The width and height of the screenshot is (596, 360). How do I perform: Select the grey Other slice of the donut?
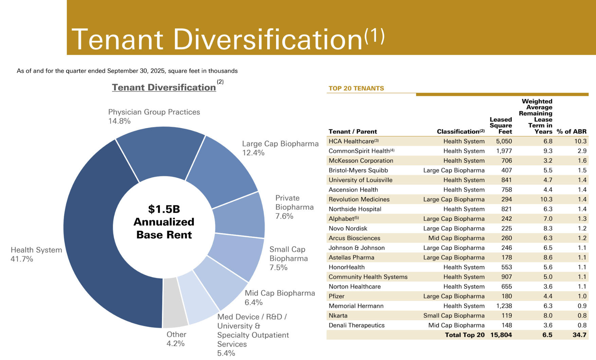175,302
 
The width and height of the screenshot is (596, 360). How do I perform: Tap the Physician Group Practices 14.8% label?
154,116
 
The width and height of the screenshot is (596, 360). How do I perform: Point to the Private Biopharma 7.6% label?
294,207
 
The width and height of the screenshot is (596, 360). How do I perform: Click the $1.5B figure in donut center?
164,209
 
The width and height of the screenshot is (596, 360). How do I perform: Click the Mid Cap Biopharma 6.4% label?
279,298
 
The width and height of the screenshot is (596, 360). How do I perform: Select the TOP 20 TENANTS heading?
356,88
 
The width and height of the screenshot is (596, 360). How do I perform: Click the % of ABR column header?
572,131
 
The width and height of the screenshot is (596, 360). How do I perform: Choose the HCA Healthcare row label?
351,141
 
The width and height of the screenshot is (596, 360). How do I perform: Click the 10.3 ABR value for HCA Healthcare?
580,141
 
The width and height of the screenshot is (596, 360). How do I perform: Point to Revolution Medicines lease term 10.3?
546,199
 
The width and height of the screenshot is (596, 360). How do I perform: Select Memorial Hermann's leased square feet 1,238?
504,306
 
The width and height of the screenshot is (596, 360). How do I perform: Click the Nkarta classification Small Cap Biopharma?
454,316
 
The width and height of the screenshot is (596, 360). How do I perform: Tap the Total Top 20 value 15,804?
501,335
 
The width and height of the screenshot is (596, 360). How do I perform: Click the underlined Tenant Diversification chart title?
164,87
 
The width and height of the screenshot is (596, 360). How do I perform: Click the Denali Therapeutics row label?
356,325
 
